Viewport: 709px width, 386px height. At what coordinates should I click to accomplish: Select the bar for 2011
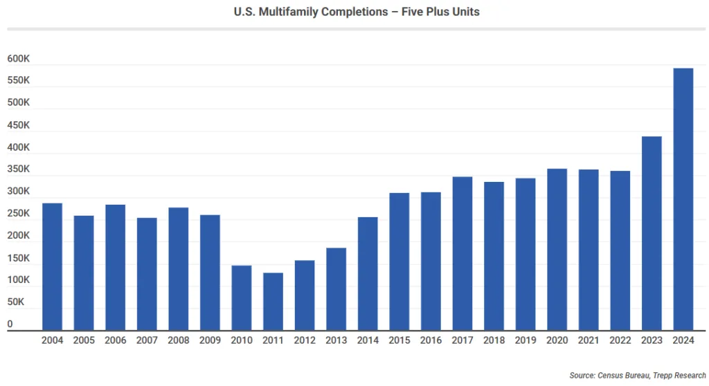click(x=273, y=302)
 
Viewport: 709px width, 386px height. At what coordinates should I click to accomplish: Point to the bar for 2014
click(x=368, y=274)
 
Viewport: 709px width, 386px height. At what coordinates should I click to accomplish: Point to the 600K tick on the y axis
click(x=19, y=59)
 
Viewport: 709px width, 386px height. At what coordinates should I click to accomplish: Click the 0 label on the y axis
click(x=10, y=324)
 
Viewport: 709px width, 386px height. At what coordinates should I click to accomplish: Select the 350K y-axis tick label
click(x=19, y=169)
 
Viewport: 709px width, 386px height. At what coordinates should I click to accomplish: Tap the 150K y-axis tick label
click(x=19, y=258)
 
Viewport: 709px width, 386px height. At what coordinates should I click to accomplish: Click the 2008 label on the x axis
click(x=179, y=340)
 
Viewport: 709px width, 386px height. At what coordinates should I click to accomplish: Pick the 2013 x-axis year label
click(x=336, y=340)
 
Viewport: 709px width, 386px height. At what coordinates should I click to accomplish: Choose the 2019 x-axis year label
click(x=525, y=340)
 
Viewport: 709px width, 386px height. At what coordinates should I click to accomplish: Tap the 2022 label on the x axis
click(x=620, y=340)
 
